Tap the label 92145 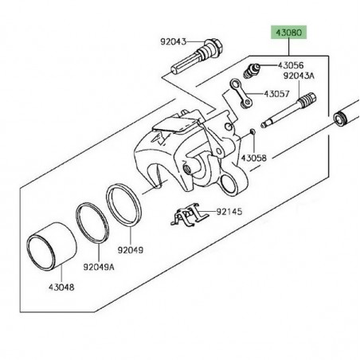(x=232, y=213)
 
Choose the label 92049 (x=132, y=249)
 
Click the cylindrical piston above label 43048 (x=48, y=250)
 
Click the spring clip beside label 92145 (x=187, y=216)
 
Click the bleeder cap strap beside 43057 (x=239, y=93)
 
